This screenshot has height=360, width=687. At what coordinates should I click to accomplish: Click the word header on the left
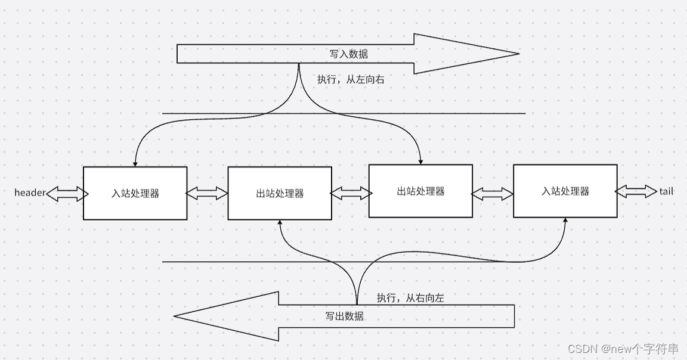tap(30, 193)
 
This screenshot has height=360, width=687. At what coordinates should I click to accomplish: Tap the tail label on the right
tap(666, 191)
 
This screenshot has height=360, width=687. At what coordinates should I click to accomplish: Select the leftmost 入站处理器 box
tap(135, 193)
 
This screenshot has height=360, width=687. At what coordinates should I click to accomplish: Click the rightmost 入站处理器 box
tap(565, 191)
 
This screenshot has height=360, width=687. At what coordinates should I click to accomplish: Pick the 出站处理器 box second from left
tap(280, 193)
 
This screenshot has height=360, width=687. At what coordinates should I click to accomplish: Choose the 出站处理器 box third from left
tap(420, 191)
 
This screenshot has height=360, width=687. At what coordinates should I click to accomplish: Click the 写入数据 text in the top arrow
tap(349, 54)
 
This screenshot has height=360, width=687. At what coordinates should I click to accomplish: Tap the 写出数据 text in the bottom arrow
tap(344, 316)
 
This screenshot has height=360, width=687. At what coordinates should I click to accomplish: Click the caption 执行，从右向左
tap(410, 297)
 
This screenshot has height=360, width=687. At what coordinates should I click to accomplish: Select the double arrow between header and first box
tap(67, 193)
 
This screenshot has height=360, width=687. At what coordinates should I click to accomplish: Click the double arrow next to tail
tap(636, 191)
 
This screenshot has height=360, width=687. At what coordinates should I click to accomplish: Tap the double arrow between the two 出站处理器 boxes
tap(351, 193)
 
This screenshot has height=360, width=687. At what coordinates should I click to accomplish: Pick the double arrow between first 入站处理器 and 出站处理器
tap(207, 193)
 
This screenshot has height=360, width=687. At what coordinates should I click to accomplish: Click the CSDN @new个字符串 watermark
tap(623, 349)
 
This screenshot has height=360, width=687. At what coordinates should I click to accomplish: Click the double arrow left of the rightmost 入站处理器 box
tap(493, 193)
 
